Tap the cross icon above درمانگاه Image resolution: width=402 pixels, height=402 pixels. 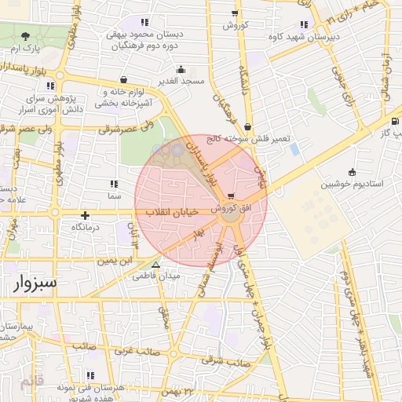pos(85,215)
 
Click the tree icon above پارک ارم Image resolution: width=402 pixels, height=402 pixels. pos(27,36)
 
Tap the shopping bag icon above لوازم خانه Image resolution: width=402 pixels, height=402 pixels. pos(123,79)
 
